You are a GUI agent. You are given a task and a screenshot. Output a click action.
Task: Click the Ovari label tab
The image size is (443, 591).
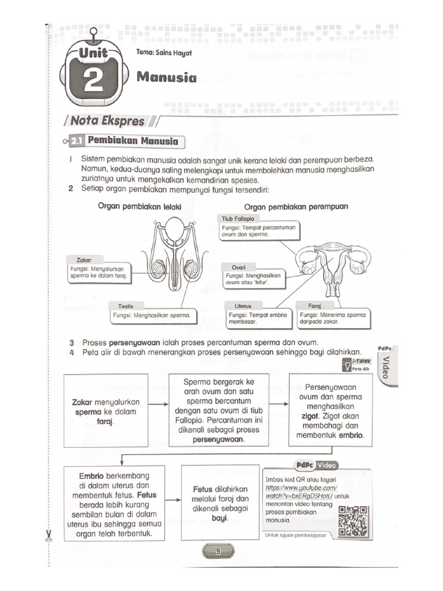[x=239, y=268]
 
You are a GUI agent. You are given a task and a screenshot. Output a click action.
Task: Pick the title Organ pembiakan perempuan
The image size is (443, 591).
[x=296, y=206]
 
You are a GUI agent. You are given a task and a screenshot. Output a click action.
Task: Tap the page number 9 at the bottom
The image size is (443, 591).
[x=218, y=551]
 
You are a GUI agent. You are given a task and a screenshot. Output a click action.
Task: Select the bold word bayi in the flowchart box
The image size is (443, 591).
[x=220, y=518]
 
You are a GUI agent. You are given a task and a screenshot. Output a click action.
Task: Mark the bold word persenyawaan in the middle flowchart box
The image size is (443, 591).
[x=219, y=439]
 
